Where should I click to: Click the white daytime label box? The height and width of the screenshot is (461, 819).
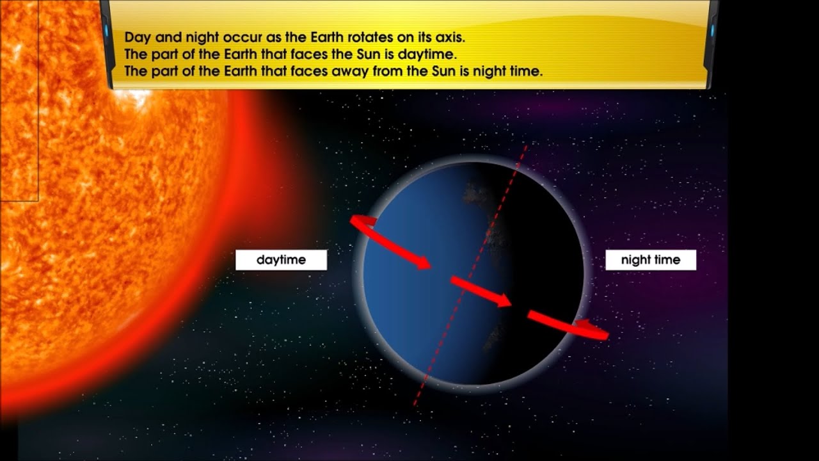click(281, 260)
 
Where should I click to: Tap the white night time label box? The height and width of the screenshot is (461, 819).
click(650, 260)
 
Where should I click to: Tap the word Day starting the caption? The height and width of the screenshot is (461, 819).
click(137, 37)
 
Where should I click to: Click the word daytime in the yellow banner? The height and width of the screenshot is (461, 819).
click(427, 54)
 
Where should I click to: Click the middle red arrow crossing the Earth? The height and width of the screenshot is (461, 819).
click(481, 292)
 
